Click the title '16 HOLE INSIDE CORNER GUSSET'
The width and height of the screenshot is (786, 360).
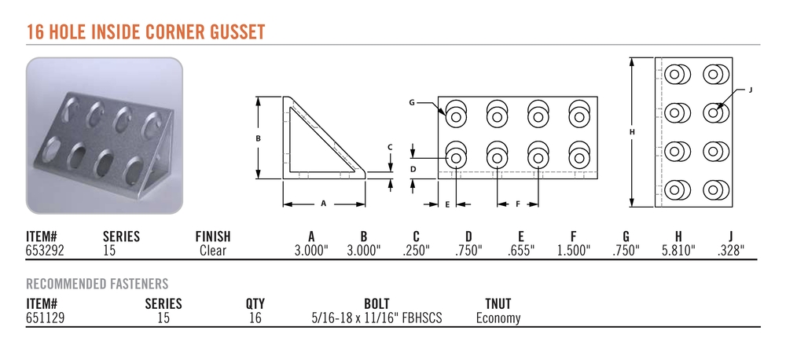(x=145, y=31)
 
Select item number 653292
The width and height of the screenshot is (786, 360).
(x=45, y=251)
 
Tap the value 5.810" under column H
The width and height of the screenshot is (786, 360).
(x=679, y=251)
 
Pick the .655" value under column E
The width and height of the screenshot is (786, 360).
(x=521, y=251)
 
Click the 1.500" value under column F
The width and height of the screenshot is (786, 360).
(x=574, y=251)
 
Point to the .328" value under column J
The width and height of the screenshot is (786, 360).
(x=731, y=251)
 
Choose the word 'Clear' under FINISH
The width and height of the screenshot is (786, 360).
(x=213, y=251)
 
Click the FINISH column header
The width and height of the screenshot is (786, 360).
(x=213, y=237)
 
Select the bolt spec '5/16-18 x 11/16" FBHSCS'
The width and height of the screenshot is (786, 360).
(x=376, y=318)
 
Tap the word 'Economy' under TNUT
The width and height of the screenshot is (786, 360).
(x=498, y=318)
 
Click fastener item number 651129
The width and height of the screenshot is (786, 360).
(x=45, y=318)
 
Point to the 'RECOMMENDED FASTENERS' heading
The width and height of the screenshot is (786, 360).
(x=97, y=285)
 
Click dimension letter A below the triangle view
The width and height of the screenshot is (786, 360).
(x=324, y=204)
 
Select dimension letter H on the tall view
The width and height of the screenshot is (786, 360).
(x=632, y=132)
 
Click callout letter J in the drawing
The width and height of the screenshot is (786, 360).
(x=751, y=90)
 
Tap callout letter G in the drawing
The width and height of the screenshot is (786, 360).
(x=412, y=103)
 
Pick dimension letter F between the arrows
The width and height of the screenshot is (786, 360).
(x=518, y=204)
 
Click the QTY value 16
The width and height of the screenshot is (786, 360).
(x=255, y=318)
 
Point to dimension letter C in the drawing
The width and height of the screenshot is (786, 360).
(x=390, y=148)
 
